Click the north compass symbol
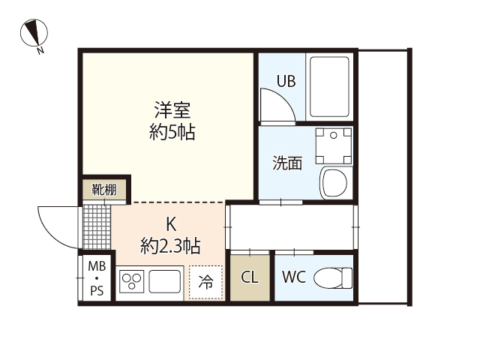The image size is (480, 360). click(x=34, y=34)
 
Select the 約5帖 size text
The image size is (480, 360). click(x=172, y=133)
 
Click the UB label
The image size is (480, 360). click(x=286, y=81)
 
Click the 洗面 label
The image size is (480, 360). click(x=286, y=163)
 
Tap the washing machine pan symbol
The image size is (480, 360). click(x=333, y=145)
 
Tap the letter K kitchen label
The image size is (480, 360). click(x=170, y=223)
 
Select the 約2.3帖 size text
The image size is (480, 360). click(x=170, y=244)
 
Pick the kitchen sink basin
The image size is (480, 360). click(x=164, y=282)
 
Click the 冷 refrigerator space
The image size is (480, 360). click(x=205, y=282)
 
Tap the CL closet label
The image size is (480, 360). click(x=250, y=277)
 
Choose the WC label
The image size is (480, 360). click(x=293, y=277)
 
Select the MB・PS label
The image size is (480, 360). click(x=97, y=279)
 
